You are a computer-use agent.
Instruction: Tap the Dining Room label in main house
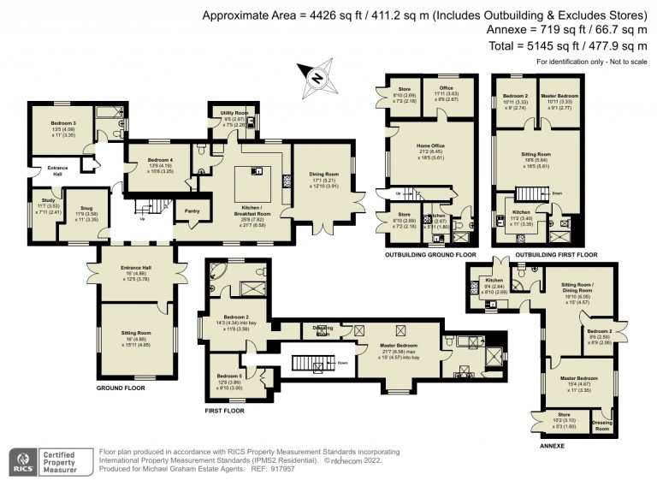[x=323, y=175]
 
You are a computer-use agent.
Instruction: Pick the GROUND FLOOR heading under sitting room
[x=121, y=388]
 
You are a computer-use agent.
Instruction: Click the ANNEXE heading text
[x=552, y=446]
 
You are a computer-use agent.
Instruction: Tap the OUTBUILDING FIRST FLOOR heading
[x=539, y=255]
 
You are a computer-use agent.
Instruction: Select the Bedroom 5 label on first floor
[x=228, y=376]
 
